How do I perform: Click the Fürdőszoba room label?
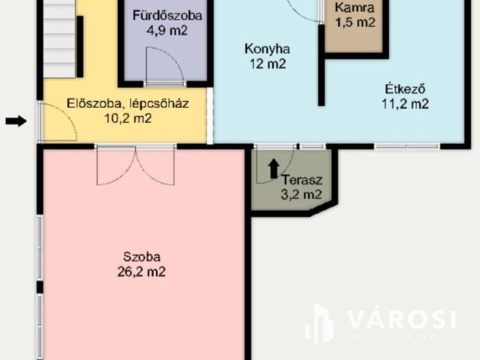(x=167, y=15)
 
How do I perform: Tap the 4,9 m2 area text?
(x=167, y=31)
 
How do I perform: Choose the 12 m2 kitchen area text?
(x=266, y=64)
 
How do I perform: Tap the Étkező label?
(x=403, y=88)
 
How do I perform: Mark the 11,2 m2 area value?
(x=404, y=104)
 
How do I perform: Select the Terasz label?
(x=301, y=179)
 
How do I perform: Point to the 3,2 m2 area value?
(x=301, y=194)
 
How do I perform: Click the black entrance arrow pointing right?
(x=16, y=121)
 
